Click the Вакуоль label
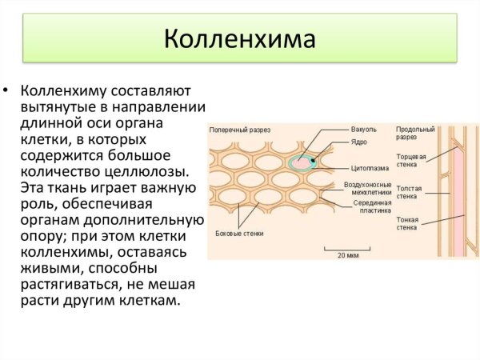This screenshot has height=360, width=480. [363, 129]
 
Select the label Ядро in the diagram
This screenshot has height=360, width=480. [358, 142]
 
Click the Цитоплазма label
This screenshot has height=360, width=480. [369, 169]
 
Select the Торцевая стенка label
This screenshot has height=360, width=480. [411, 160]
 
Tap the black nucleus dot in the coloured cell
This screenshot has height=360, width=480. [314, 162]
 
